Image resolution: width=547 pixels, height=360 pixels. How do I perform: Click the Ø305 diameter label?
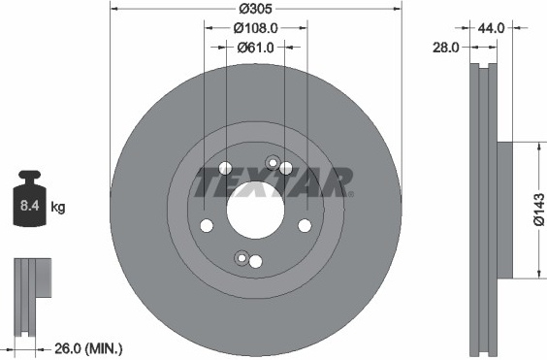(x=255, y=9)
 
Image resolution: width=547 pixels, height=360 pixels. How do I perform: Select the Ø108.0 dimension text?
(x=255, y=28)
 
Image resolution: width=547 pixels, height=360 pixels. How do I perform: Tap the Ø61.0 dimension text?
(x=255, y=48)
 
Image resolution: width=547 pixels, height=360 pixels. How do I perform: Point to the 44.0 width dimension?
(x=491, y=28)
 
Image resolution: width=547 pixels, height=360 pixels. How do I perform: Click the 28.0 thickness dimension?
(x=446, y=48)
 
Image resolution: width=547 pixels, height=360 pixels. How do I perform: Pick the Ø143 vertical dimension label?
(x=539, y=210)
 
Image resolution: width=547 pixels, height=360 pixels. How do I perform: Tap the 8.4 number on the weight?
(x=29, y=206)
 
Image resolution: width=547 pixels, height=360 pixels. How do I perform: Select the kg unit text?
(x=58, y=208)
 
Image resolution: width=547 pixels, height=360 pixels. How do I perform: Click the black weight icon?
(x=29, y=198)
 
